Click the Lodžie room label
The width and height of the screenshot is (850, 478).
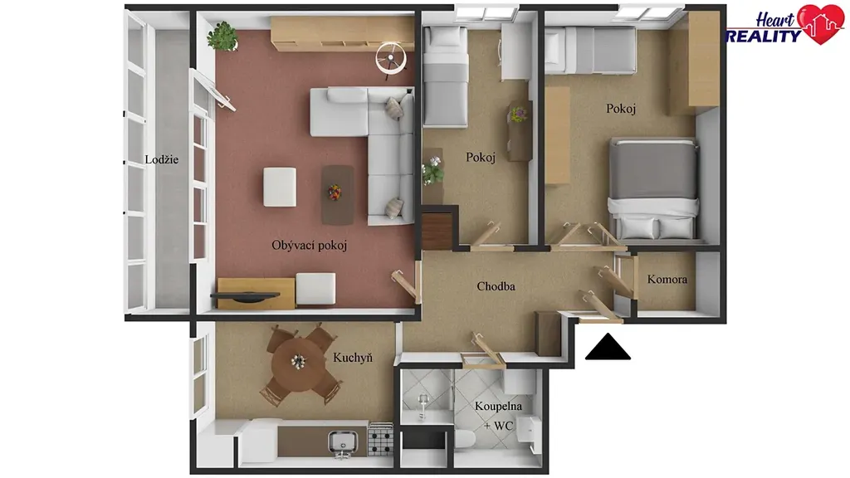162,159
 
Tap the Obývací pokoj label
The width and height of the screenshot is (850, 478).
309,246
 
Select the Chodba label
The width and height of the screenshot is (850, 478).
496,286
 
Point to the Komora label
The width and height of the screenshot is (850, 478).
667,279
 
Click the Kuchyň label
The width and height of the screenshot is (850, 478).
353,357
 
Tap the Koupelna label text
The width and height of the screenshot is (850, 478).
498,406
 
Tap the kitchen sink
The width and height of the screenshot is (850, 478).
343,441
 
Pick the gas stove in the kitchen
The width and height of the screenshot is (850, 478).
380,439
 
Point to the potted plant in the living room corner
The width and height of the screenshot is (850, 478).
222,37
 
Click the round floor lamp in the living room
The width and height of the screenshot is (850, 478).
391,58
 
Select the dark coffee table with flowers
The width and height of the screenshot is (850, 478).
337,194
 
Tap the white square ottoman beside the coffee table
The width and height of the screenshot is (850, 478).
280,187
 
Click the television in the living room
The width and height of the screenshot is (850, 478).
245,296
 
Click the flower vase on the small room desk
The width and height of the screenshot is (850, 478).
519,115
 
